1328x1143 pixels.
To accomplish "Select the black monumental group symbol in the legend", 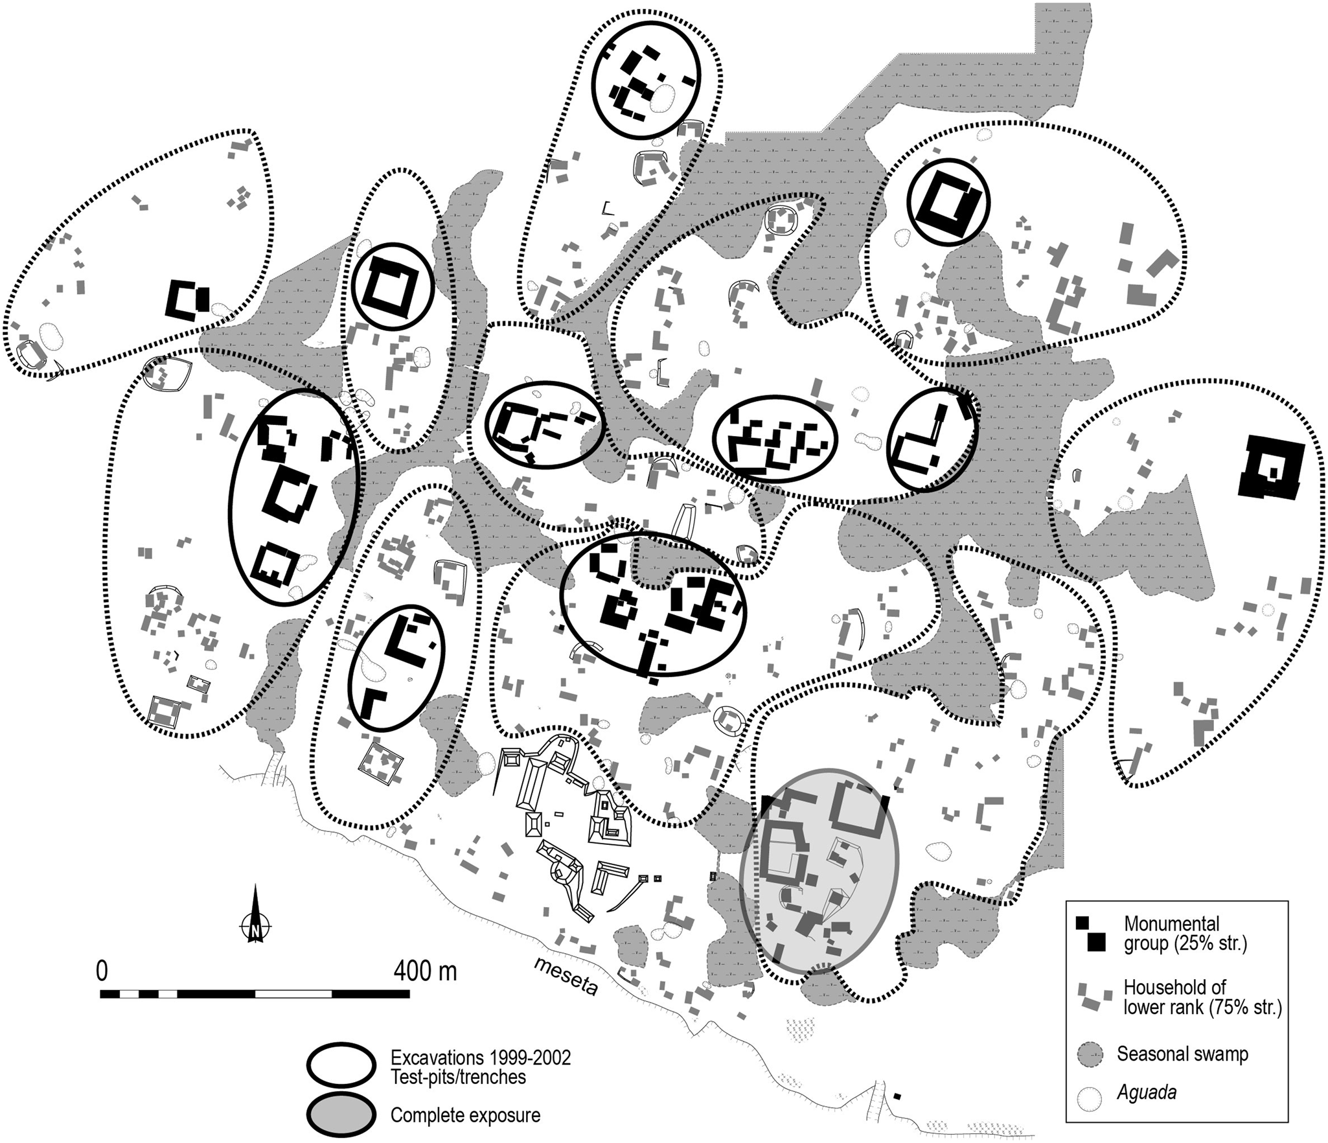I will coord(1091,934).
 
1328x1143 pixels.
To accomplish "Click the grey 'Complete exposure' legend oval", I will coord(341,1115).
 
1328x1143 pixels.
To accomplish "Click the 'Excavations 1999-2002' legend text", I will coord(480,1057).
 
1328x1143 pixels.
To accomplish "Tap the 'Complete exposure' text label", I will coord(465,1116).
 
